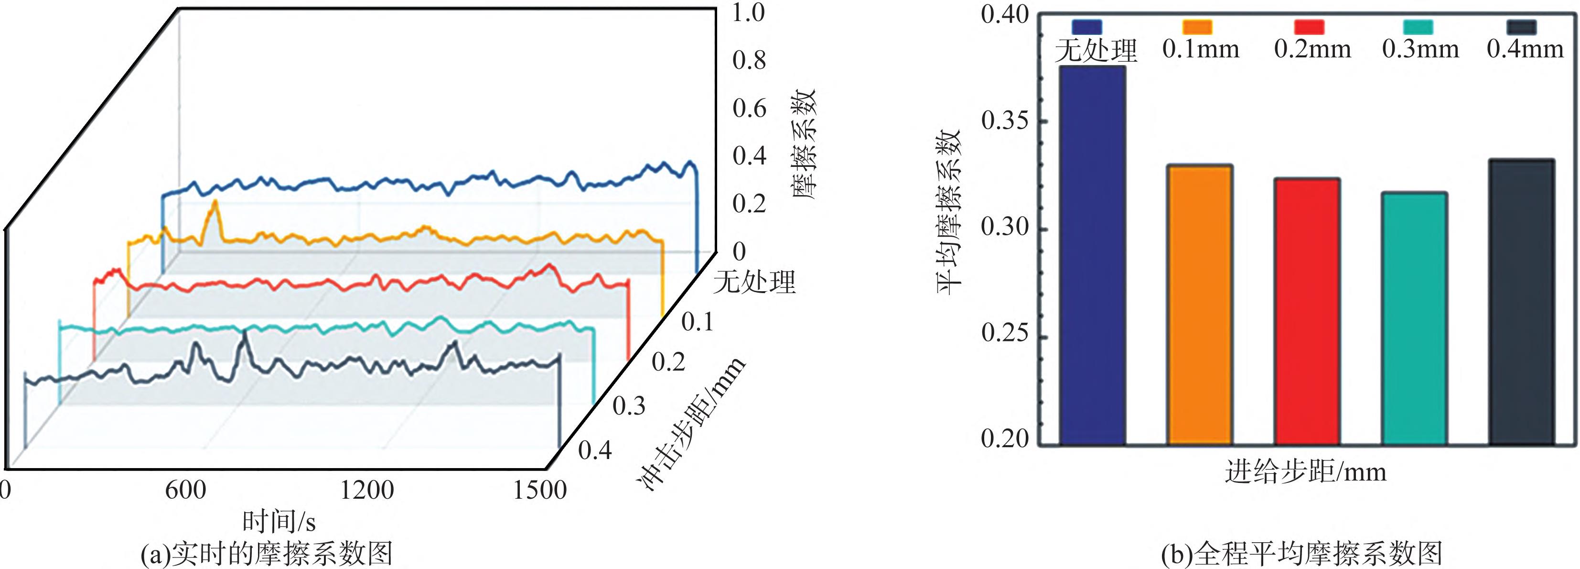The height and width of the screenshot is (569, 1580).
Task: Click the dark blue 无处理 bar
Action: tap(1092, 255)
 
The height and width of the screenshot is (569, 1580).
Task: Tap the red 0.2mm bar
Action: tap(1307, 311)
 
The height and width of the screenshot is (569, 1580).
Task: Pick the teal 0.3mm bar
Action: tap(1414, 318)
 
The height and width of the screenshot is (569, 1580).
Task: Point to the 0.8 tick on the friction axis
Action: tap(749, 61)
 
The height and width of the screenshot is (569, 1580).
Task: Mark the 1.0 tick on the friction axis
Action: tap(749, 13)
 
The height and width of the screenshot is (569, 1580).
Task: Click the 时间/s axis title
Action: tap(279, 522)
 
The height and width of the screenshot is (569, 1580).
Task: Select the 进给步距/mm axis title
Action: tap(1305, 472)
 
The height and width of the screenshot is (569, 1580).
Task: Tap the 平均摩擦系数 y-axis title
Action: tap(949, 212)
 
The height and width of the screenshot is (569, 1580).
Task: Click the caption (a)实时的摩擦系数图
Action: tap(267, 554)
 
